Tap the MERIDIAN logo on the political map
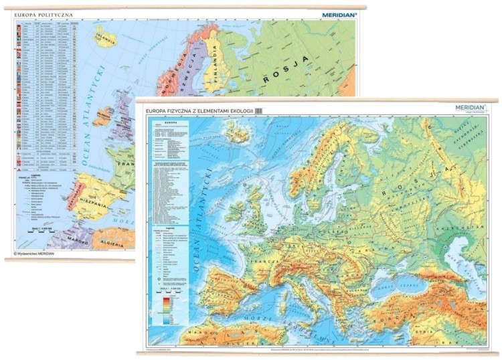pyautogui.click(x=339, y=13)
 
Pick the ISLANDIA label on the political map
pyautogui.click(x=106, y=37)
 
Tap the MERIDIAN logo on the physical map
pyautogui.click(x=472, y=108)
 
